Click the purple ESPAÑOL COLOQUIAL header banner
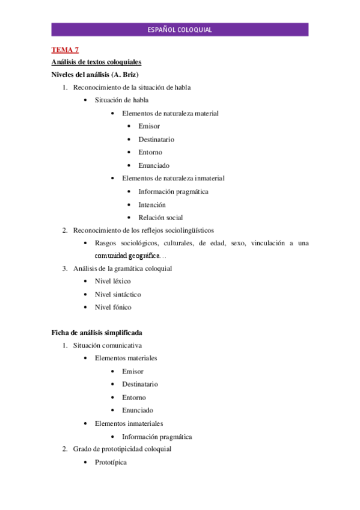[180, 29]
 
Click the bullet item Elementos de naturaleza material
[170, 113]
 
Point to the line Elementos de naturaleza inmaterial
[173, 178]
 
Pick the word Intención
[152, 204]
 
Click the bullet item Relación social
[160, 217]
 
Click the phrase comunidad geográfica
[127, 256]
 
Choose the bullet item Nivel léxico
[113, 281]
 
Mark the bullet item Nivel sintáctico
[118, 294]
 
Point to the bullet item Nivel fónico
[113, 307]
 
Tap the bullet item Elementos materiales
[126, 358]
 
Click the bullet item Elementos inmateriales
[129, 423]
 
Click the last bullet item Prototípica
[111, 462]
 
